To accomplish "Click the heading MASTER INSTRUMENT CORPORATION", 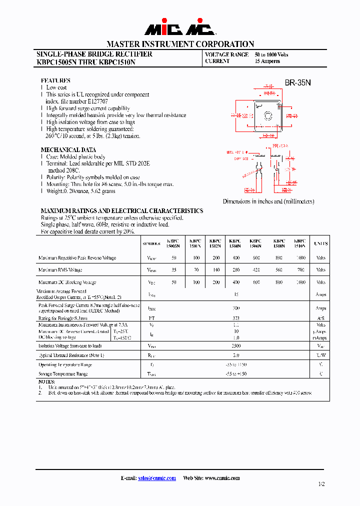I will click(x=180, y=44).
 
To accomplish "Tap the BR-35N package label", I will click(x=298, y=83).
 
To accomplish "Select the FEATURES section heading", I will click(x=55, y=80).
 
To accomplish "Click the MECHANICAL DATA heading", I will click(x=68, y=150).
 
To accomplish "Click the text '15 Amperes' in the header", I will click(x=267, y=61).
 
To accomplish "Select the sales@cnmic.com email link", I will click(x=157, y=478).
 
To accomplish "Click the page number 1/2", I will click(x=321, y=484).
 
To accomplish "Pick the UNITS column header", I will click(x=320, y=243).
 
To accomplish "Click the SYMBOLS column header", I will click(x=151, y=244).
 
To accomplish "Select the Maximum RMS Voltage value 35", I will click(x=173, y=270).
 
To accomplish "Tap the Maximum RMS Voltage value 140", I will click(x=215, y=270).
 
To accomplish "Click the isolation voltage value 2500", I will click(x=236, y=345).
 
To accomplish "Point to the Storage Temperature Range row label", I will click(x=63, y=373).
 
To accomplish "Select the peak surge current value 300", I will click(x=236, y=308).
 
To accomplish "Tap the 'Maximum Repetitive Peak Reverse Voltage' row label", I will click(x=77, y=258).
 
